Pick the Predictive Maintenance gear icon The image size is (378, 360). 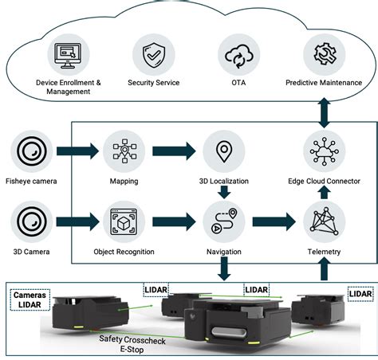324,54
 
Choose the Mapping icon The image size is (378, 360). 124,151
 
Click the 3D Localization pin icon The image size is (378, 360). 223,151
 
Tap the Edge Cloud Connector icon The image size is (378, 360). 324,151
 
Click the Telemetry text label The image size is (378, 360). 324,252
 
